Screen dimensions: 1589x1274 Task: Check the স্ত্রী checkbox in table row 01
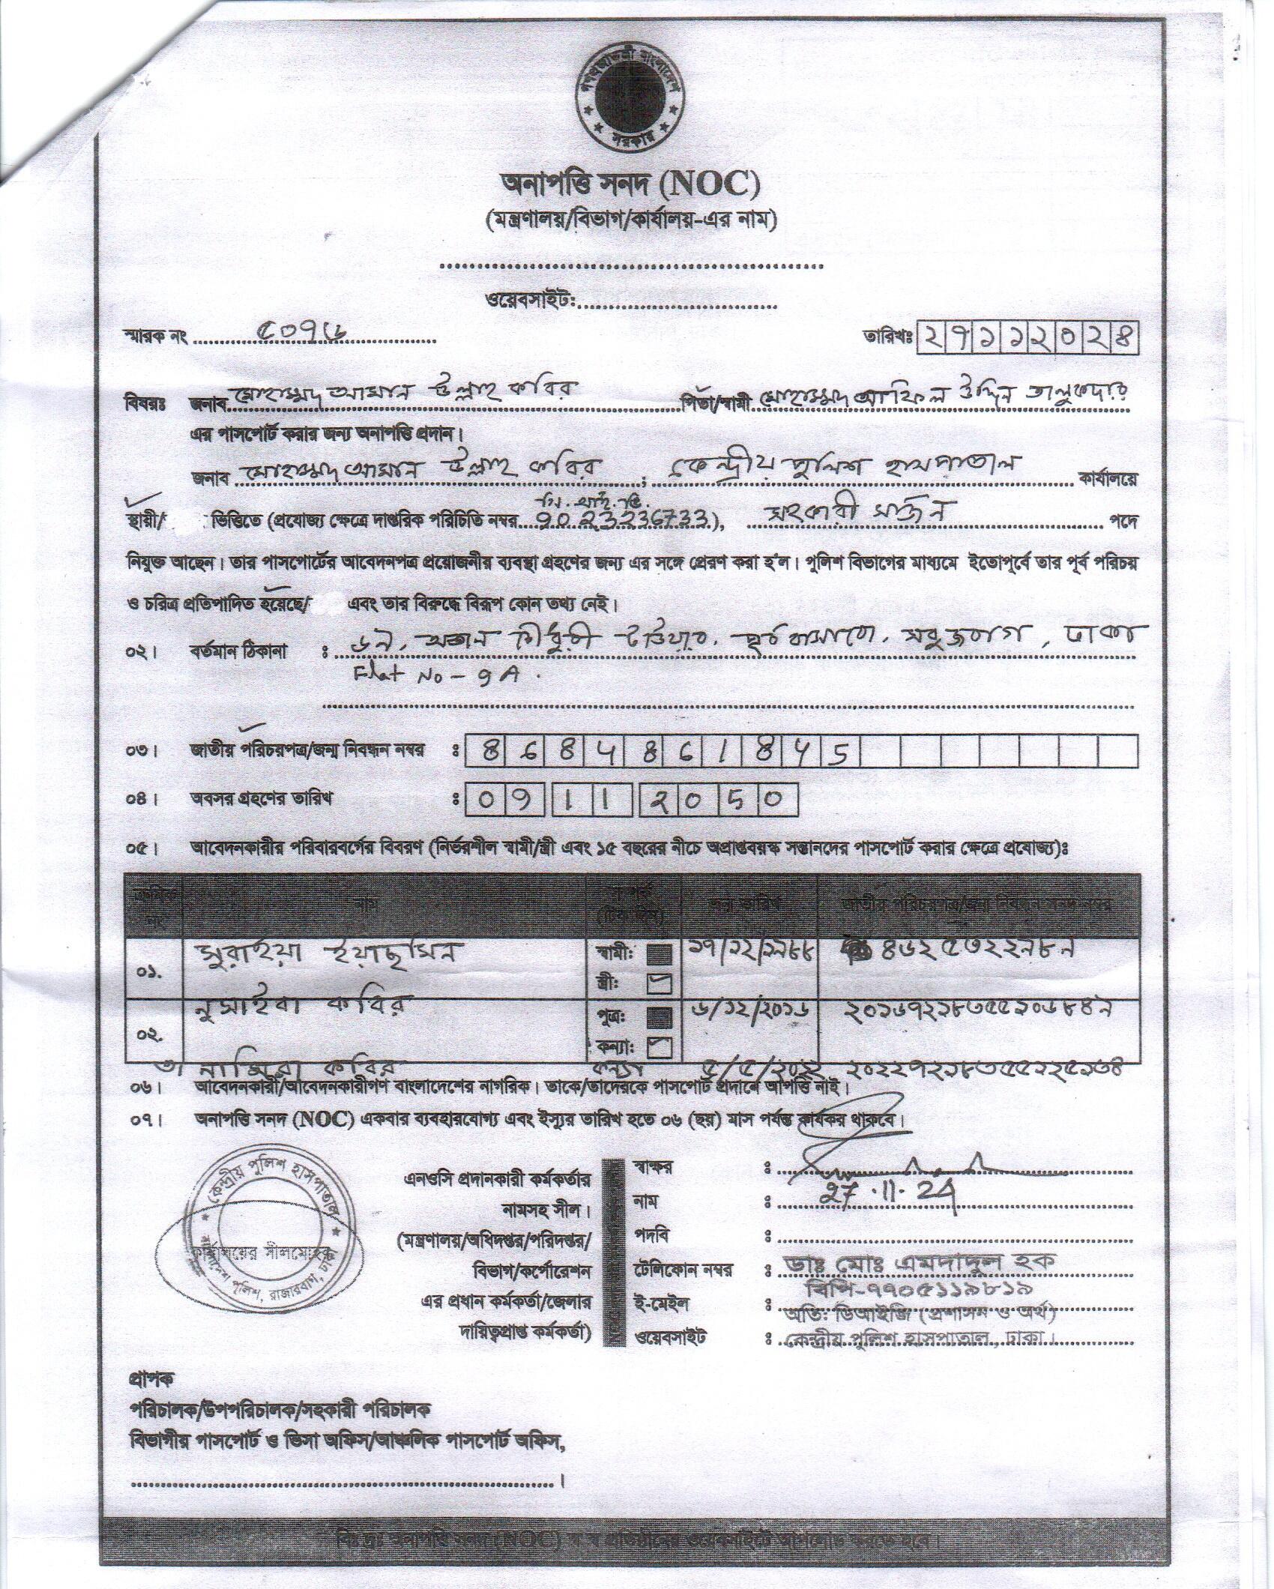[x=662, y=983]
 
